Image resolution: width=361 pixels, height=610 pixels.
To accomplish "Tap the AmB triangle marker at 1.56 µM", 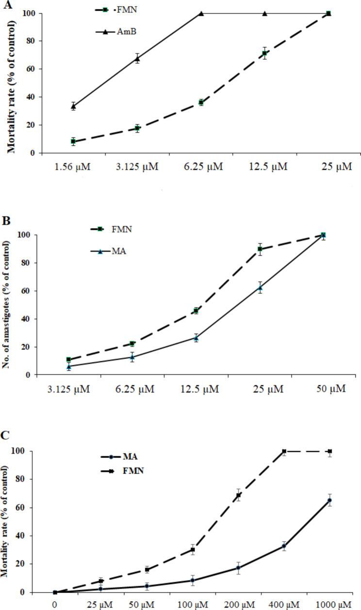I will [73, 106].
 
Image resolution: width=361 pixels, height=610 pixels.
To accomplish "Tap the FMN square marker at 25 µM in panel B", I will [260, 249].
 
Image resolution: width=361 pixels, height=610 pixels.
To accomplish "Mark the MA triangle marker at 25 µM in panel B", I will [260, 288].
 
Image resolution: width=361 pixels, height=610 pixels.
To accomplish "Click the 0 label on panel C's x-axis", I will [55, 605].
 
